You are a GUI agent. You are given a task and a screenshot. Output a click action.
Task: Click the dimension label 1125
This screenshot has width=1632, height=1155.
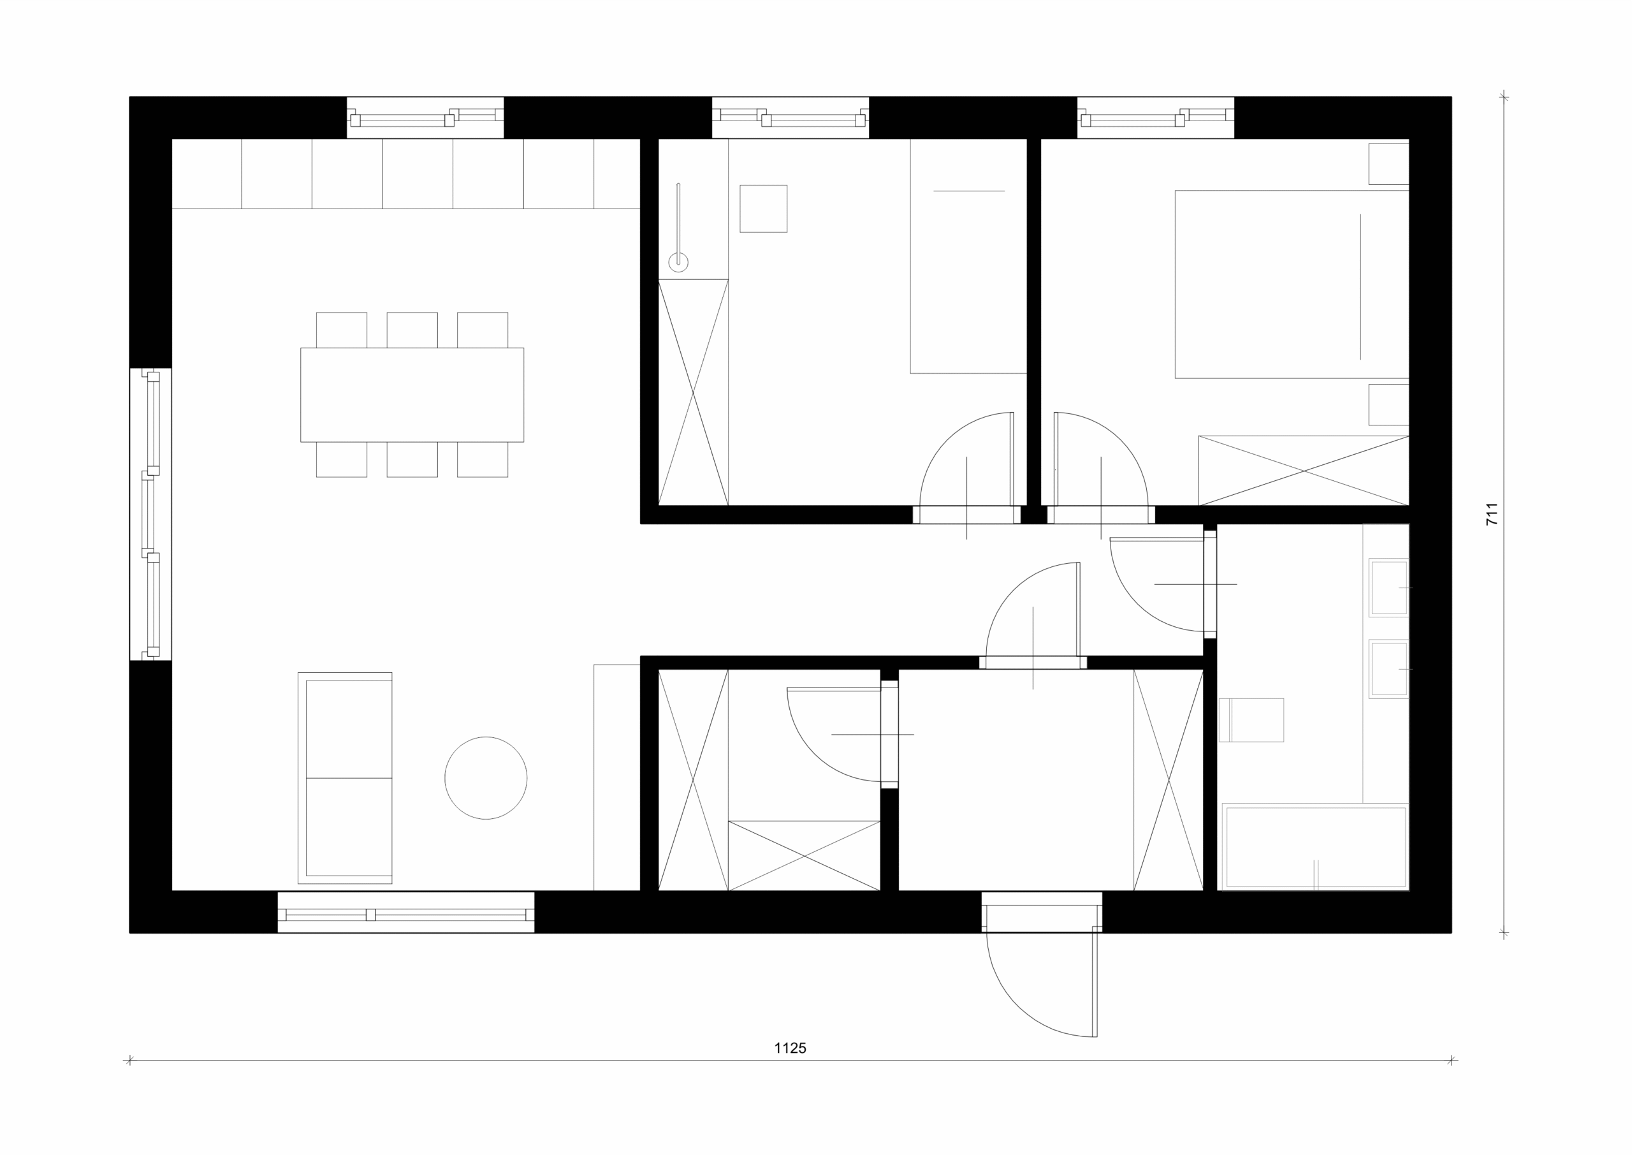[790, 1048]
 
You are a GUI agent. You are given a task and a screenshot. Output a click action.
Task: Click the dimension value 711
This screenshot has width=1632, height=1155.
[1492, 514]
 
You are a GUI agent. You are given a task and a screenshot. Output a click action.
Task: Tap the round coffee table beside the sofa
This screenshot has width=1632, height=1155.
[486, 778]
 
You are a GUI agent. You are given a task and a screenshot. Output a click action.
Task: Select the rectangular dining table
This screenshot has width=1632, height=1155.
[412, 395]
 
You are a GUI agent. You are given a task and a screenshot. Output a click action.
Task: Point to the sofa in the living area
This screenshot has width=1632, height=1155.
[345, 778]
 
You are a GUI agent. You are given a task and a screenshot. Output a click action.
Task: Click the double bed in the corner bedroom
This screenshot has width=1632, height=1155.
[1292, 284]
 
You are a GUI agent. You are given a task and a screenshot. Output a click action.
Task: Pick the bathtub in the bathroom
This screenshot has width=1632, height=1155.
[1316, 847]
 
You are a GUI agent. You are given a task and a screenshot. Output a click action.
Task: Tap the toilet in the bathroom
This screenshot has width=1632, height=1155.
[1251, 720]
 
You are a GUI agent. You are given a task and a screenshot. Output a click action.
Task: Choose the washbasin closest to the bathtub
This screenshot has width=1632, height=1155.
[1389, 668]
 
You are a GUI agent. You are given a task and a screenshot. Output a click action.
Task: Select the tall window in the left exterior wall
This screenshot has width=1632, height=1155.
[150, 514]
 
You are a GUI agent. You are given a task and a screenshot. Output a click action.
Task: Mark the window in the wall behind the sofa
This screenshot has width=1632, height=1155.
[406, 912]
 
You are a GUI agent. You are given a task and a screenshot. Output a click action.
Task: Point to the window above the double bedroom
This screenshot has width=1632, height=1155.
[1156, 117]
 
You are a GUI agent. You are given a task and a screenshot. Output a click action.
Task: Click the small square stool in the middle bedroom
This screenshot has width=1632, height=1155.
[763, 209]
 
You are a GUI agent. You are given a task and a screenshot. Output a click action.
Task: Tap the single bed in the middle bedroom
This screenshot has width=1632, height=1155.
[968, 256]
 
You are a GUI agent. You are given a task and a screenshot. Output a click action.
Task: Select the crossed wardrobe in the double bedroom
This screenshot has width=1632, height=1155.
[1304, 470]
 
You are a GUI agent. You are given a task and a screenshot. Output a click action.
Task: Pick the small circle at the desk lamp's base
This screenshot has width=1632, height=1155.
[678, 262]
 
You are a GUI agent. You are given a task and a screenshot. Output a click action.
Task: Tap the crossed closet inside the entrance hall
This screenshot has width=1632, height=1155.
[1169, 780]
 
